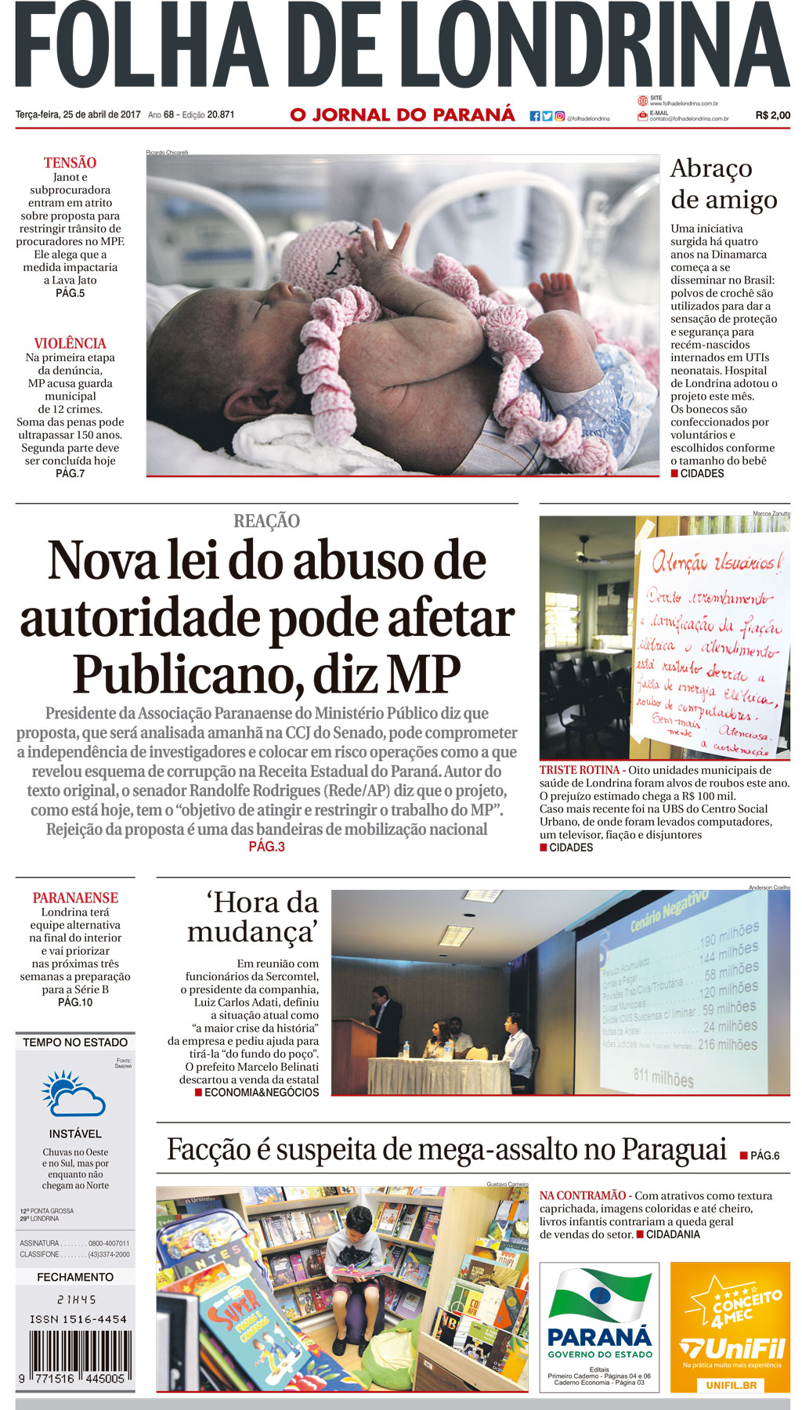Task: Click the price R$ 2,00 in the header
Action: point(772,115)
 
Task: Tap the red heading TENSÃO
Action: point(70,163)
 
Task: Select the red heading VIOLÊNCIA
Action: point(70,343)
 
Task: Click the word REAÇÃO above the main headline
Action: point(266,521)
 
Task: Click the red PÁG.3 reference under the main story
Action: point(266,847)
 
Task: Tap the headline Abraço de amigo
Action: point(722,184)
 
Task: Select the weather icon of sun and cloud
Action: point(74,1094)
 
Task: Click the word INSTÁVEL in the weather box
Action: point(75,1133)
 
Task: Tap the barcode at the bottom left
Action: point(76,1359)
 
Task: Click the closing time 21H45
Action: point(76,1299)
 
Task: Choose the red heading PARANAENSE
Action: point(75,898)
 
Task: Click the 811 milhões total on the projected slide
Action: point(663,1079)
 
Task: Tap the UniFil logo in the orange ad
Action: point(731,1349)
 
